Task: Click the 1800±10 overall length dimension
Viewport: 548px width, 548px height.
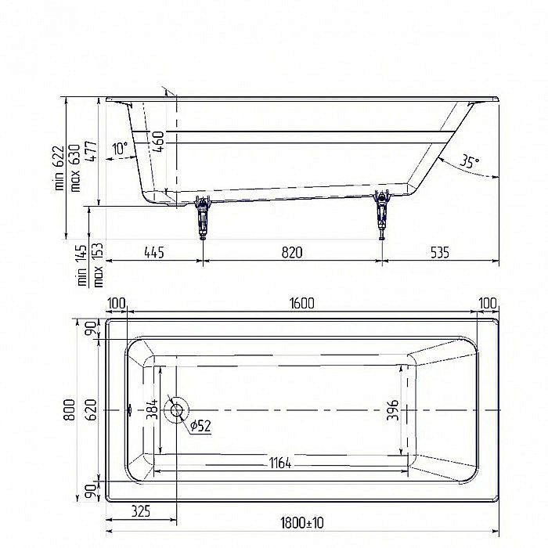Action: [x=302, y=523]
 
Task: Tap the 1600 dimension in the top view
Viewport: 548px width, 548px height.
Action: [x=302, y=303]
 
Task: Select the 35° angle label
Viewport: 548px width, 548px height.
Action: [x=469, y=162]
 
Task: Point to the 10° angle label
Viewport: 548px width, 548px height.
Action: [x=120, y=148]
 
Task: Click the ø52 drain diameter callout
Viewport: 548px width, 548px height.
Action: [x=200, y=426]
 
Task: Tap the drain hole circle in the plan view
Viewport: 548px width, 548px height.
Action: [x=176, y=409]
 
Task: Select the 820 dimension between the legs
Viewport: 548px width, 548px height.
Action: [x=292, y=252]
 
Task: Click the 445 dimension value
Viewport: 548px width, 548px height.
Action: [x=153, y=252]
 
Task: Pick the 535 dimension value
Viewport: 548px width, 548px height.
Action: [x=439, y=252]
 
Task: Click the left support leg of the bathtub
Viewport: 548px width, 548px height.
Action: [x=203, y=217]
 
